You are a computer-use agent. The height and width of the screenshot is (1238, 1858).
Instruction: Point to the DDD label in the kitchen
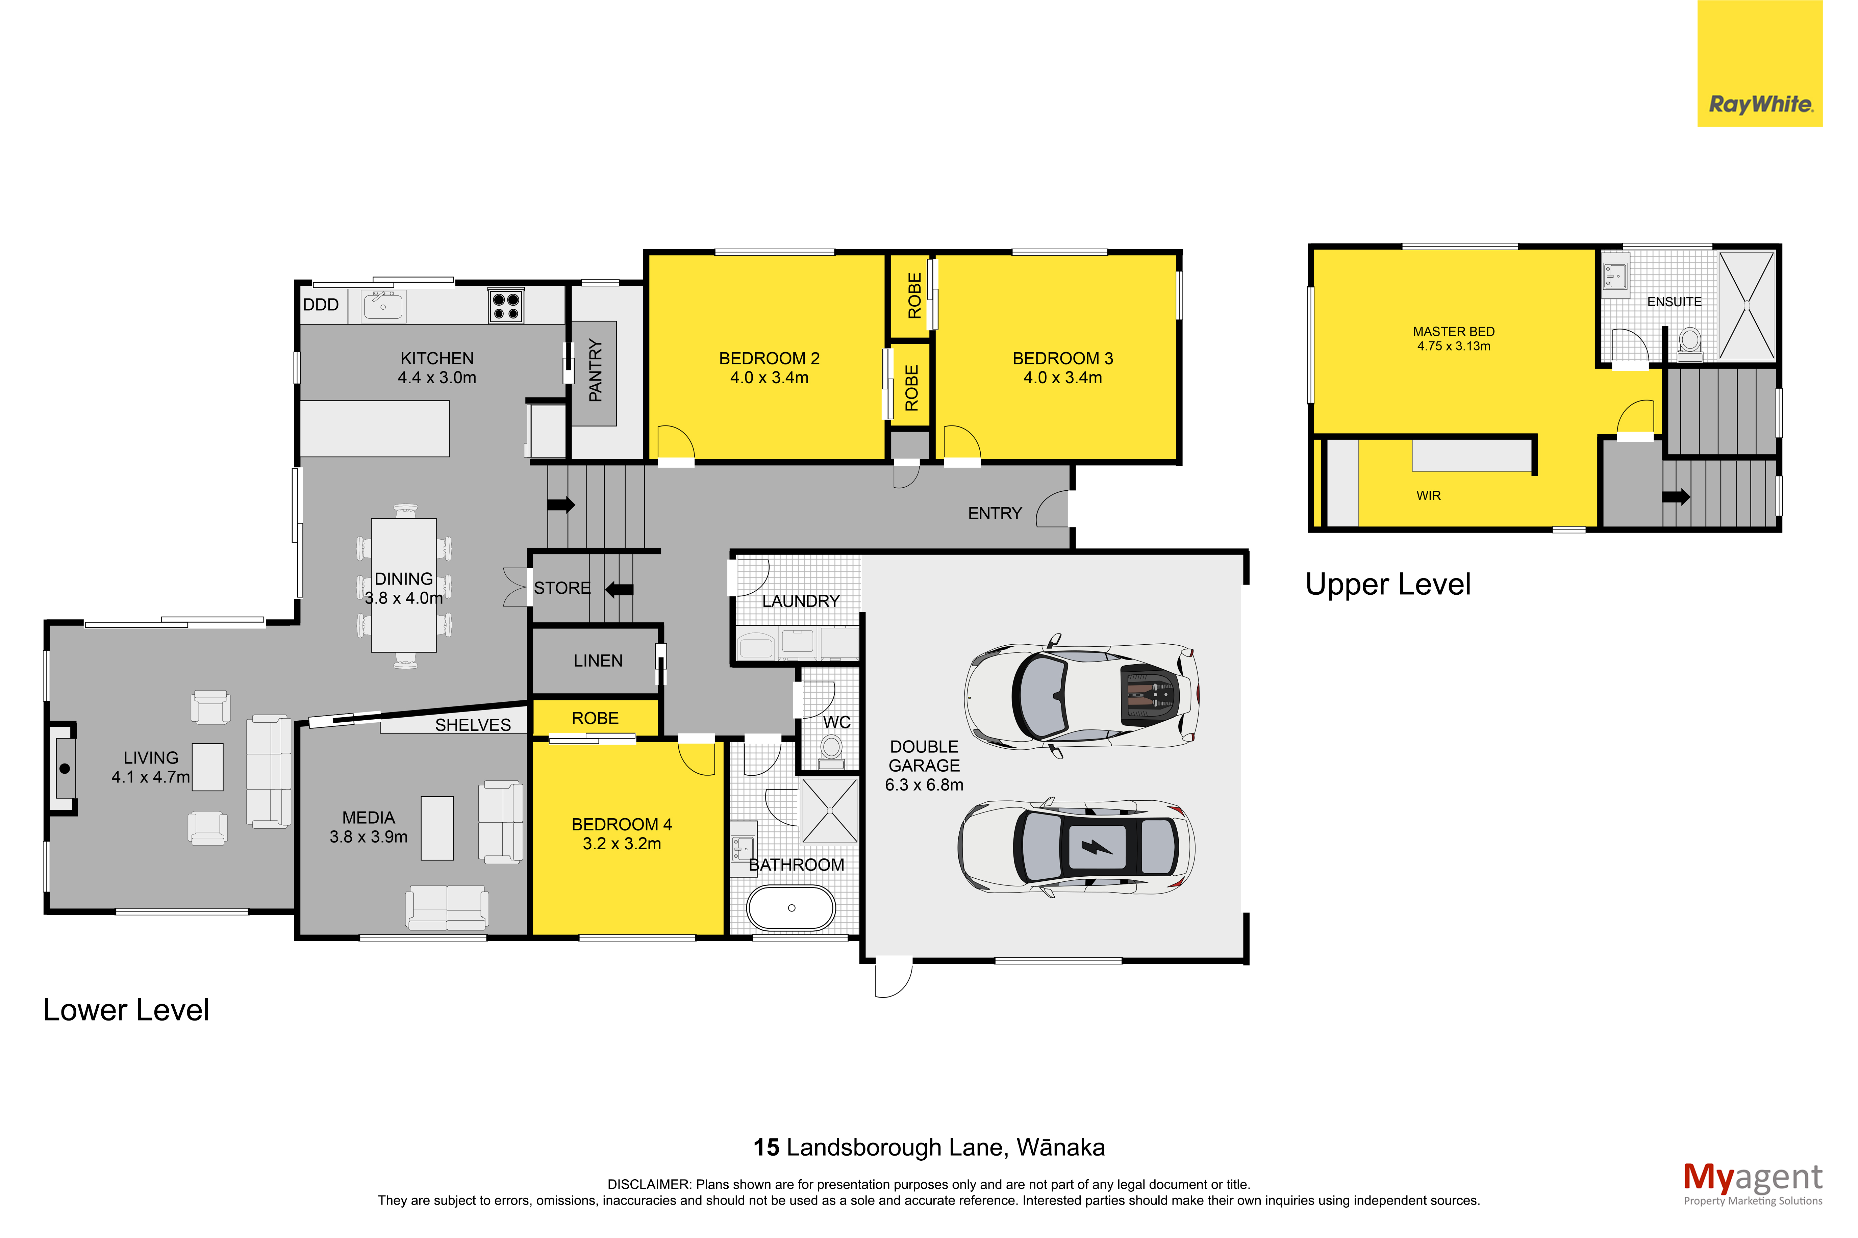pyautogui.click(x=321, y=305)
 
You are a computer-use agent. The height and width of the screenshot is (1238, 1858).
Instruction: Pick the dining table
pyautogui.click(x=403, y=585)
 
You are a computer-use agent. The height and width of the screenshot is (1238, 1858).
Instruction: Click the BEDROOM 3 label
pyautogui.click(x=1063, y=358)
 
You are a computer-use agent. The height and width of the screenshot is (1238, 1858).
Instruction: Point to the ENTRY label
pyautogui.click(x=995, y=513)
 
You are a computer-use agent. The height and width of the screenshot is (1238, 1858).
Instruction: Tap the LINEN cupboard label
pyautogui.click(x=598, y=661)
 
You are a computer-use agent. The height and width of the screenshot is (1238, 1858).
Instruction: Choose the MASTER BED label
pyautogui.click(x=1454, y=332)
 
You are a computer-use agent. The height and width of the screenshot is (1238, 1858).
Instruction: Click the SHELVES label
pyautogui.click(x=473, y=725)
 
